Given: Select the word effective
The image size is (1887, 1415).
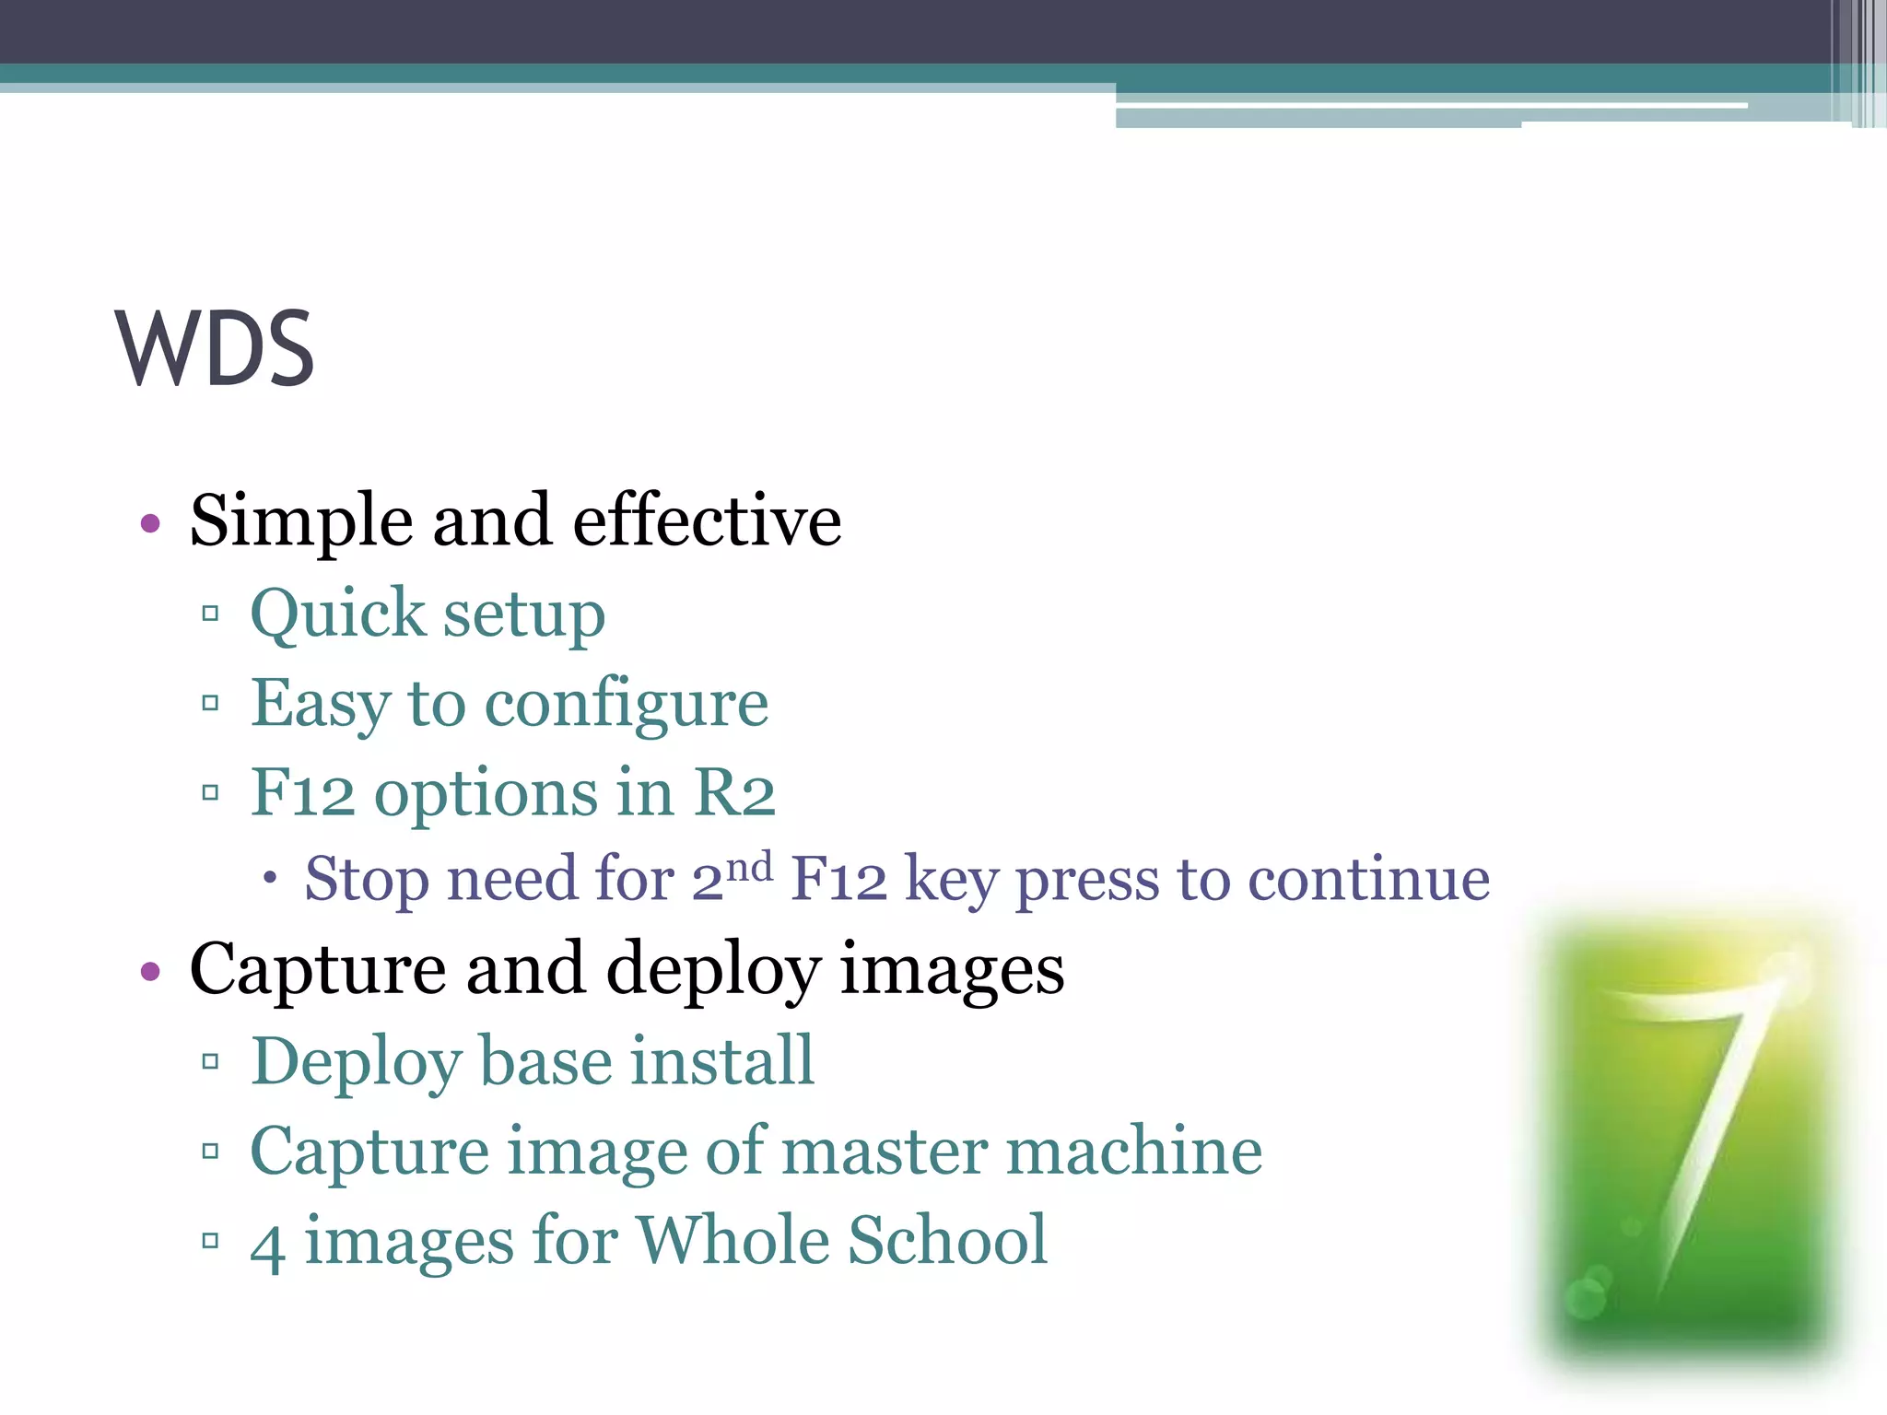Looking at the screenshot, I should coord(707,520).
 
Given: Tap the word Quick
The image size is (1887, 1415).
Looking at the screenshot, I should coord(337,614).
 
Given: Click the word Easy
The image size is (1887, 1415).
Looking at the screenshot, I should coord(321,705).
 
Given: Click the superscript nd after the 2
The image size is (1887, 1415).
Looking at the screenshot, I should coord(749,866).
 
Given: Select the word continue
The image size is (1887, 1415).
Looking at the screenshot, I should coord(1368,879).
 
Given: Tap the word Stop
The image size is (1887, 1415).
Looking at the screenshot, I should coord(367,879).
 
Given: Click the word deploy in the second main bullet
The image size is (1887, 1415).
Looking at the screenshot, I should coord(712,971).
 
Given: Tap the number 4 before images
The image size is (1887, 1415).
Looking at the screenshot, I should coord(266,1245).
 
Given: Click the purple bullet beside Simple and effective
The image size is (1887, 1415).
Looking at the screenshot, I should coord(150,524).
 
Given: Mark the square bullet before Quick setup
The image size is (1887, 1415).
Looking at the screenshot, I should coord(210,614).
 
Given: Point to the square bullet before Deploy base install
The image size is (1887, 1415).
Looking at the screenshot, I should coord(210,1061).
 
